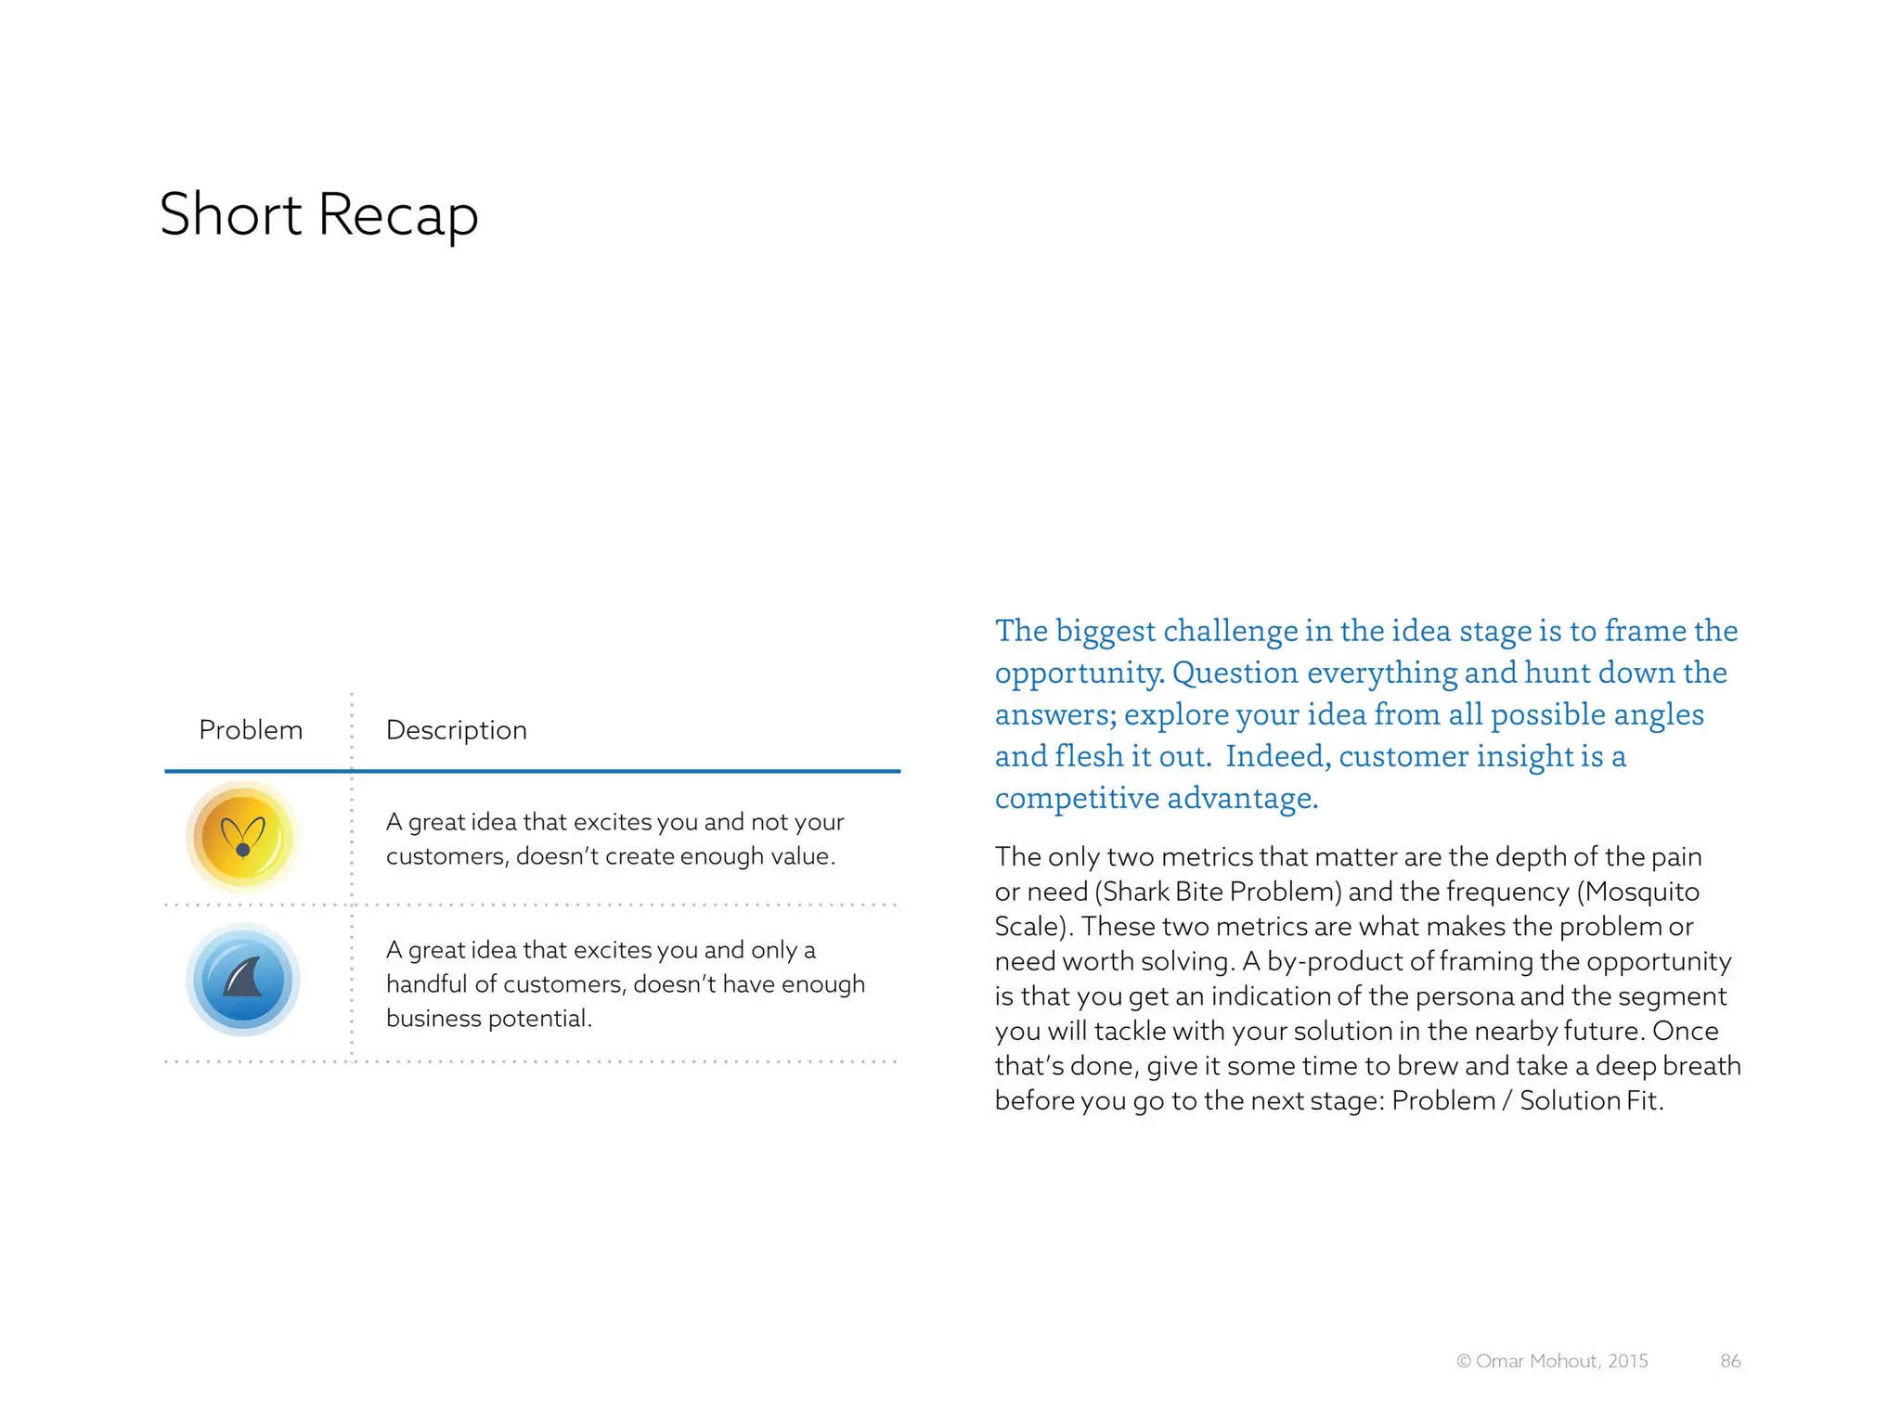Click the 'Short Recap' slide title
coord(318,215)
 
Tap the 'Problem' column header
coord(251,730)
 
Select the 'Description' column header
coord(456,730)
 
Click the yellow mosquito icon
coord(242,837)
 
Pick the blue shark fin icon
coord(242,980)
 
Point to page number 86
coord(1730,1361)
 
